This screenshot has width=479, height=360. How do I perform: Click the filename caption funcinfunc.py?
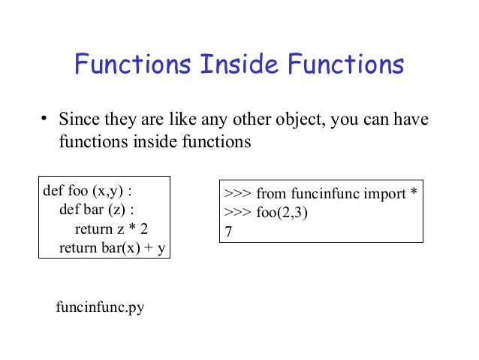100,307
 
